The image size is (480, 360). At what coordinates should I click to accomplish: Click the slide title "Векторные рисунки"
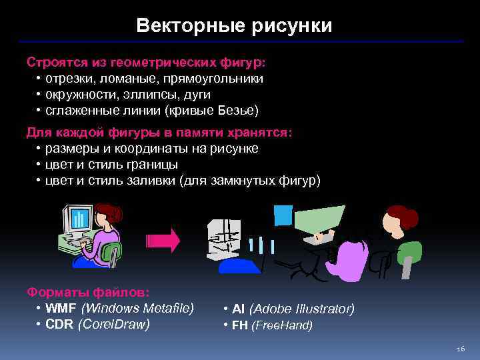(x=233, y=26)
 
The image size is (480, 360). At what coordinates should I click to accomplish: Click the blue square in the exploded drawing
(x=283, y=215)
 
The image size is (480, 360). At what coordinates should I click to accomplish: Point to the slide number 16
(x=459, y=349)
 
